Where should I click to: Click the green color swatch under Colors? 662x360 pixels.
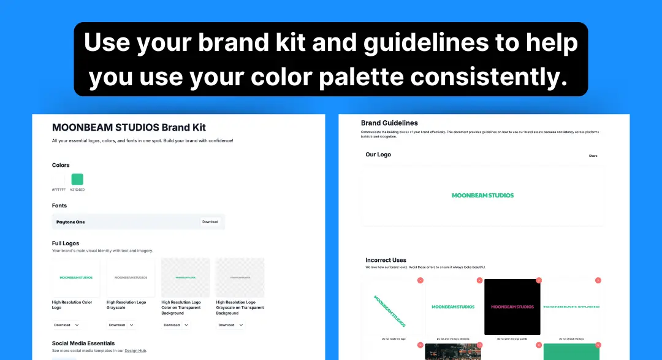point(77,179)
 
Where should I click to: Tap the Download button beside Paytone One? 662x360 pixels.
point(210,222)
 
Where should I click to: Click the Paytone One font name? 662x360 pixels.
point(70,222)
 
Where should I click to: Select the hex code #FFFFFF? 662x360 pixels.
point(59,190)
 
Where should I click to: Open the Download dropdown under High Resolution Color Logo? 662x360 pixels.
point(67,325)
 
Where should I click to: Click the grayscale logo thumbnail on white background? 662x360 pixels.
point(131,277)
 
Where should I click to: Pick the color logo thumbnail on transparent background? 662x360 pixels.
point(185,277)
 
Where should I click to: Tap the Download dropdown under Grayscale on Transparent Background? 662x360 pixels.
point(230,325)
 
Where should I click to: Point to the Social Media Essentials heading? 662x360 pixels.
point(83,343)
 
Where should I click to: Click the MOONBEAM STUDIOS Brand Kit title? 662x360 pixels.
point(129,128)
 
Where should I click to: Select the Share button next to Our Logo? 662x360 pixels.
point(593,156)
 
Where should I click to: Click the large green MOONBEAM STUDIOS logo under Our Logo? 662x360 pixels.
point(482,196)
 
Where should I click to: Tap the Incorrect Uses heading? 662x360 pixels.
point(386,260)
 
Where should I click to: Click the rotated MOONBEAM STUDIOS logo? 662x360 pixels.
point(390,310)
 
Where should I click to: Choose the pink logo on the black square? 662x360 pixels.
point(512,307)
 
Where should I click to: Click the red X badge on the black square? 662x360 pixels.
point(538,280)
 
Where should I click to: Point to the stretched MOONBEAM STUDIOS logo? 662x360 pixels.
point(572,307)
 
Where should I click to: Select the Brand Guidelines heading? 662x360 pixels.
point(389,123)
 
